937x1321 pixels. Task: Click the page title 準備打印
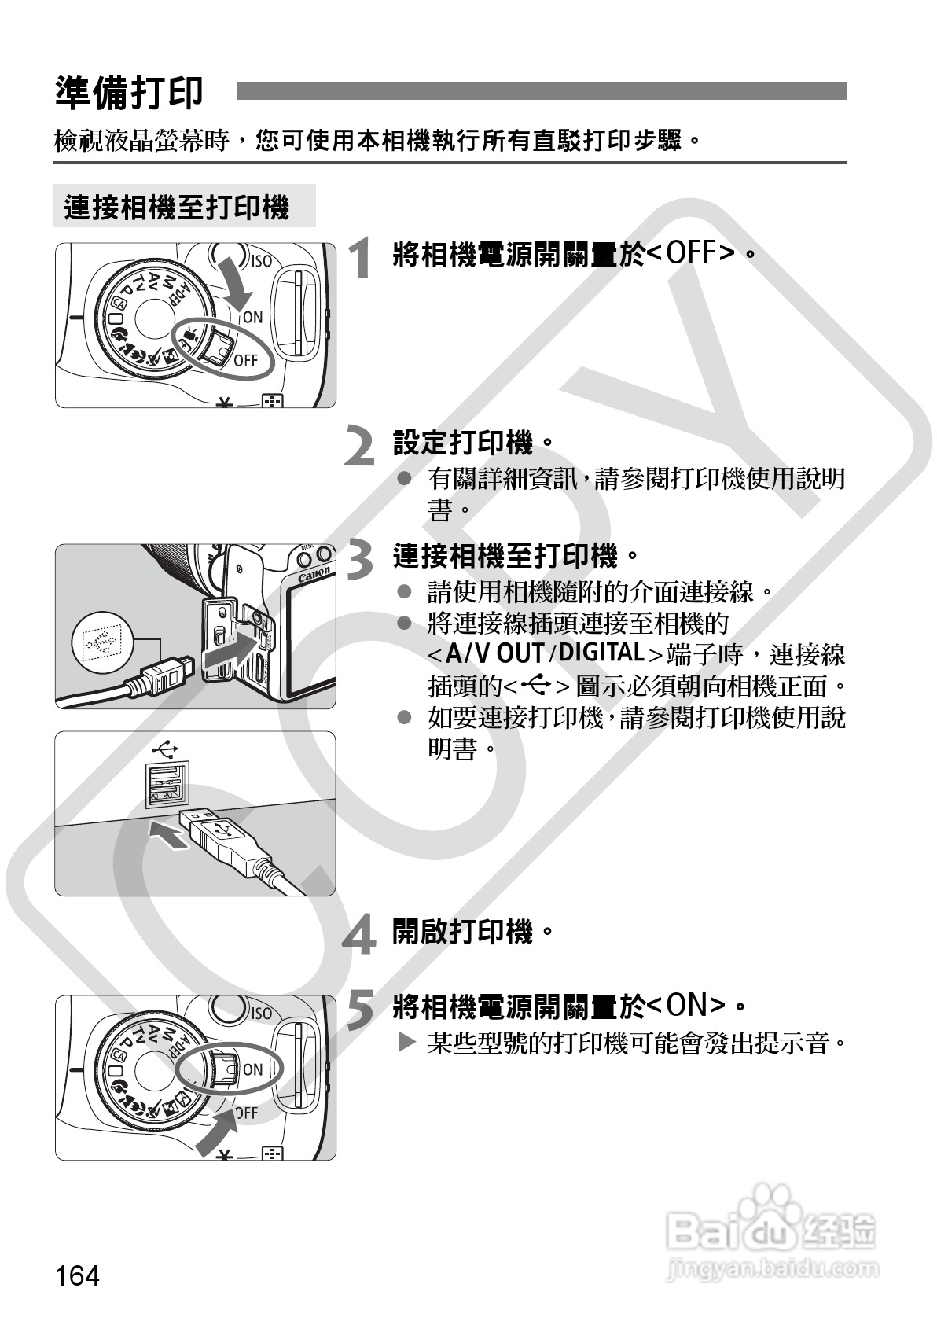(130, 93)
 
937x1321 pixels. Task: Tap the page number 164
(78, 1275)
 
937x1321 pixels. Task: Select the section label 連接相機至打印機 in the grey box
(178, 208)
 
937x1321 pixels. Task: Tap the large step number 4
(361, 936)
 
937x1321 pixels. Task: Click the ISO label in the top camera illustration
(261, 261)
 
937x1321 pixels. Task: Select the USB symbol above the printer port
(167, 745)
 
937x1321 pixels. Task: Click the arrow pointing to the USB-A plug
(169, 835)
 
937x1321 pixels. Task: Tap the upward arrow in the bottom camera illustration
(218, 1132)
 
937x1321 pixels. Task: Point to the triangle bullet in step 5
(406, 1043)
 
